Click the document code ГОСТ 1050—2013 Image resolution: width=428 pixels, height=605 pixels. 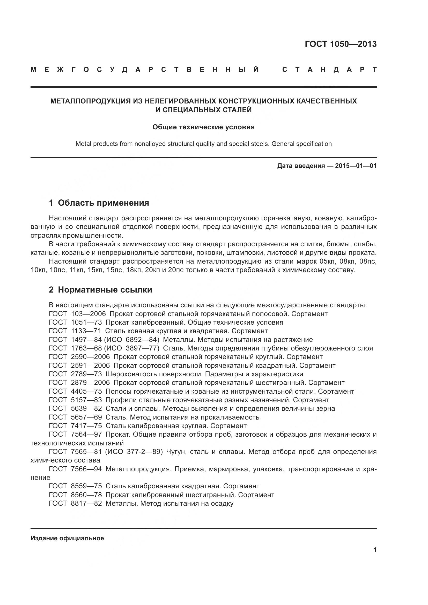(341, 44)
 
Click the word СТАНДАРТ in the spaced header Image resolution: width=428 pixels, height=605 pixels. (329, 70)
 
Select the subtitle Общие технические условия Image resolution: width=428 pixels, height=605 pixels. (203, 127)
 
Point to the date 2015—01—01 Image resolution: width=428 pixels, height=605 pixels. (356, 166)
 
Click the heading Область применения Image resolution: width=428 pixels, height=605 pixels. (103, 203)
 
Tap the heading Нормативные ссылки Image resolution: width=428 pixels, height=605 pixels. (105, 290)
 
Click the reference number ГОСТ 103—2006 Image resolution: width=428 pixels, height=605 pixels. (77, 314)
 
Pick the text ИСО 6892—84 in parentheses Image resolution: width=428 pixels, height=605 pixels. (132, 340)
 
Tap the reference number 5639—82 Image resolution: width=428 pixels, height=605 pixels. (86, 408)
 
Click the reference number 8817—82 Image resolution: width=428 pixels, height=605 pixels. (86, 503)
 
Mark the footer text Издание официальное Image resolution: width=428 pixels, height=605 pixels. (67, 538)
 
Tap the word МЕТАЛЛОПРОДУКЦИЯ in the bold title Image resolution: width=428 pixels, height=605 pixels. (90, 101)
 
